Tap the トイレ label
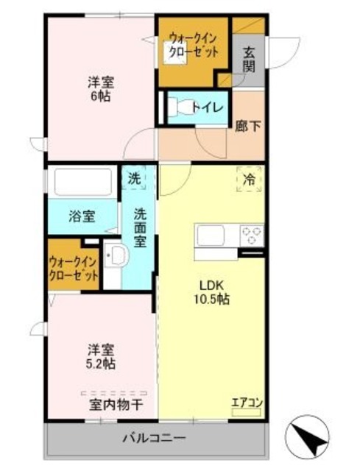click(x=208, y=107)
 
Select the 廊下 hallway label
click(x=247, y=126)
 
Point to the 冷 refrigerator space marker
click(x=250, y=179)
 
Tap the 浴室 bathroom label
click(x=81, y=216)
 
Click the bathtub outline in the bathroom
click(x=81, y=182)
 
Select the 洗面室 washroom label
click(x=140, y=227)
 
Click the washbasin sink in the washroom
click(x=116, y=257)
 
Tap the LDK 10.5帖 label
click(x=212, y=293)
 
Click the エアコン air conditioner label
click(x=246, y=402)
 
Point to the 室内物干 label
click(x=117, y=404)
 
